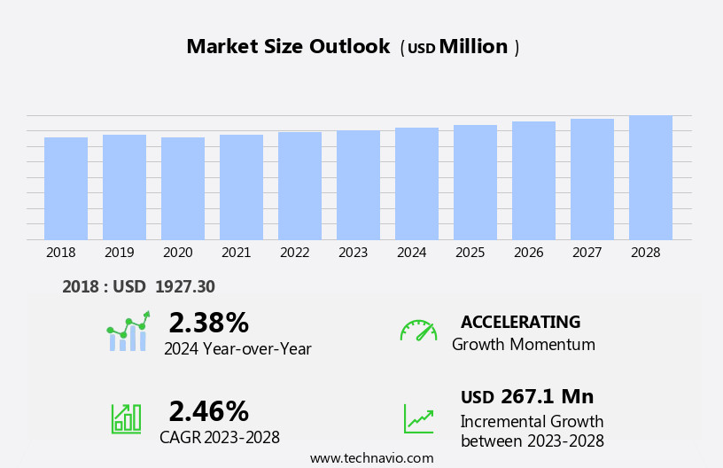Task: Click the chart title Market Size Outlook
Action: (288, 47)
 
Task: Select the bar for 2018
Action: (66, 188)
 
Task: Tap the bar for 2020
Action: (183, 188)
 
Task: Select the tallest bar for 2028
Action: (650, 177)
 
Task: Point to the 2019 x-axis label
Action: (119, 253)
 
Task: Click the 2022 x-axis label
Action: (294, 253)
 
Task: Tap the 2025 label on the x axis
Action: (470, 253)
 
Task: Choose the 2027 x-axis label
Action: (587, 253)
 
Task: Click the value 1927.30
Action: (184, 287)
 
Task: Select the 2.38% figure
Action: (208, 323)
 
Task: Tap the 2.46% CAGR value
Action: (208, 411)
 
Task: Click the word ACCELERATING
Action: (520, 323)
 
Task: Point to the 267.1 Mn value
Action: (547, 397)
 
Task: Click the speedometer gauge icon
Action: (418, 331)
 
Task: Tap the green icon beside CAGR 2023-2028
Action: (126, 417)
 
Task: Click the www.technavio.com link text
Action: (371, 458)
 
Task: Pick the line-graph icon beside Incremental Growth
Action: (418, 418)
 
